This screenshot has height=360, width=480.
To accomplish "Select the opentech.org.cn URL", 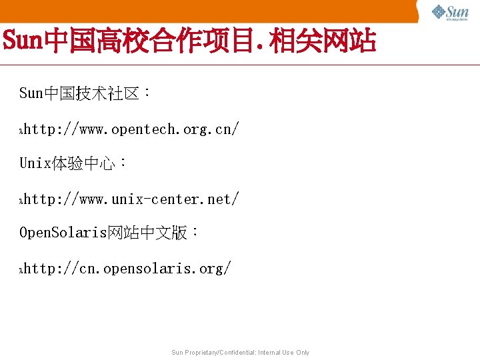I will tap(131, 129).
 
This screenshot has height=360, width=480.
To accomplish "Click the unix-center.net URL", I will tap(131, 199).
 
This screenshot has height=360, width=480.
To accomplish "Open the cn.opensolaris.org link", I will tap(127, 269).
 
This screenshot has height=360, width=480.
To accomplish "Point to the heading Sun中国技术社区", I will tap(84, 93).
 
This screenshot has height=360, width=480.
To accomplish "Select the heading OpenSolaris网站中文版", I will tap(108, 233).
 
